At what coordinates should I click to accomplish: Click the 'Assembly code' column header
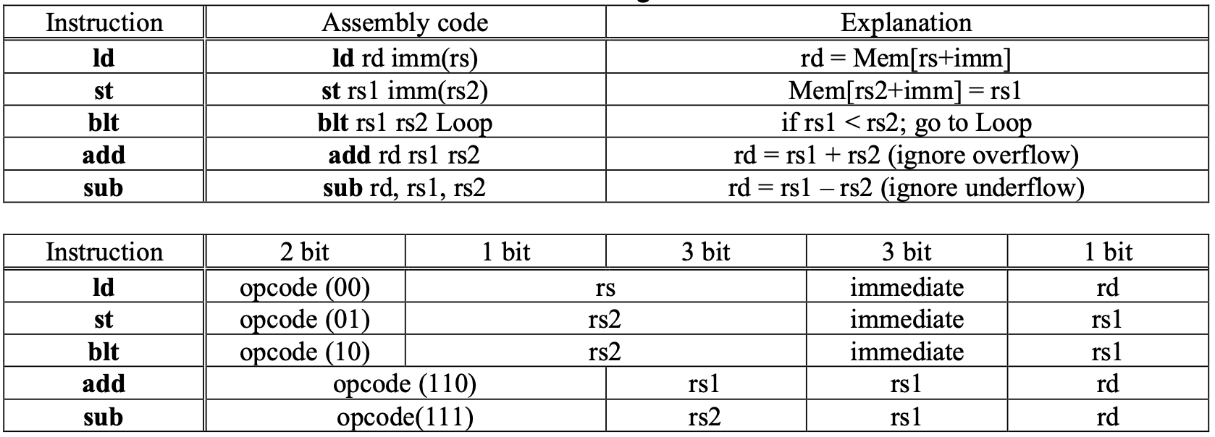(405, 23)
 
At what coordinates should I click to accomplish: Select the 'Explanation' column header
(906, 23)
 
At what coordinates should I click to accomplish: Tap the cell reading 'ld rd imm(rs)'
(405, 58)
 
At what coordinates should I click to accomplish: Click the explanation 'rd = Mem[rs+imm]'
(906, 58)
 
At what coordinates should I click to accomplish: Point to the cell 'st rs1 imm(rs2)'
(405, 90)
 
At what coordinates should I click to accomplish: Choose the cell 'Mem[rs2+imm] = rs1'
(906, 90)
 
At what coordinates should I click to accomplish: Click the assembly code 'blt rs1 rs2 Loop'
(405, 123)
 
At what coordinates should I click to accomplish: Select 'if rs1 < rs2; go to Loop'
(906, 123)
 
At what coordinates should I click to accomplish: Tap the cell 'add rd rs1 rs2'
(405, 156)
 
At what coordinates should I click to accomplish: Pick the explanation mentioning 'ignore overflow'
(906, 156)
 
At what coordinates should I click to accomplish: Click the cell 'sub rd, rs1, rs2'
(405, 188)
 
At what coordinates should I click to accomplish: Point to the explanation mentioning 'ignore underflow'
(906, 188)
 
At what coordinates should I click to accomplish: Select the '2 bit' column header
(304, 252)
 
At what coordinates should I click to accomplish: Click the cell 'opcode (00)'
(304, 287)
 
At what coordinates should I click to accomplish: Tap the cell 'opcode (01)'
(304, 319)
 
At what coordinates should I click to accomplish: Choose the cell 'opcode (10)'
(304, 352)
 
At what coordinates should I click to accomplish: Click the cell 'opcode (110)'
(405, 384)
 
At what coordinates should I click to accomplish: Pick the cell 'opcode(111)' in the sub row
(405, 417)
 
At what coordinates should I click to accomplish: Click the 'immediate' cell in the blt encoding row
(906, 352)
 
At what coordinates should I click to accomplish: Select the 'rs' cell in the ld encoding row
(605, 287)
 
